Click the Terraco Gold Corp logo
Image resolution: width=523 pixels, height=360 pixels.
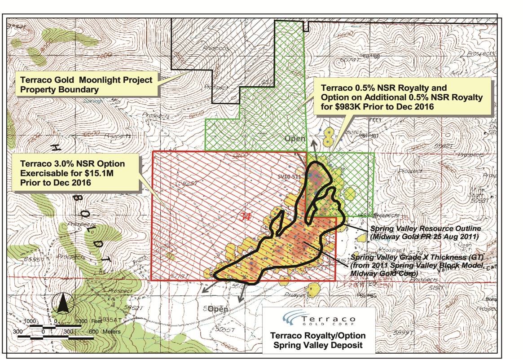[317, 320]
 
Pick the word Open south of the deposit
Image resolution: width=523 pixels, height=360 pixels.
[218, 309]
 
